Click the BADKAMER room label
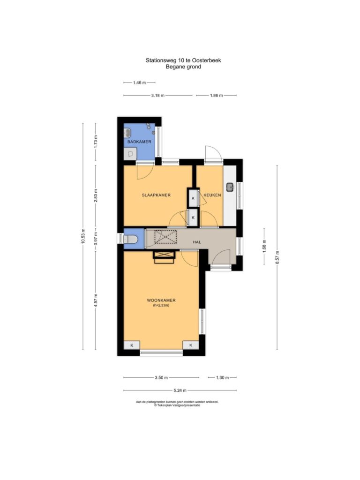[x=139, y=142]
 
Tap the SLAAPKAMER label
[x=156, y=195]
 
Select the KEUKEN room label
[x=212, y=195]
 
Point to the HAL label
[x=197, y=242]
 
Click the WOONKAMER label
[x=161, y=300]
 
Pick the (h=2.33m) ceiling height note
[x=161, y=305]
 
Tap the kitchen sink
[x=230, y=187]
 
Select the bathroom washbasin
[x=127, y=133]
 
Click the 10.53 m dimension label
[x=83, y=236]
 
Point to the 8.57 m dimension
[x=277, y=257]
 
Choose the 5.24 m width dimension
[x=180, y=390]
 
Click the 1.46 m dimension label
[x=139, y=82]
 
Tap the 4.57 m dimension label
[x=96, y=300]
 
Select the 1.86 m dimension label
[x=217, y=96]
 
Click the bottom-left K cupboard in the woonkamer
[x=132, y=345]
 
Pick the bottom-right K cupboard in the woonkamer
[x=191, y=345]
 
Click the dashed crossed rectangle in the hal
[x=165, y=237]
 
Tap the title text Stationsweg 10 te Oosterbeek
[x=183, y=60]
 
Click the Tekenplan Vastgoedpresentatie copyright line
[x=177, y=405]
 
